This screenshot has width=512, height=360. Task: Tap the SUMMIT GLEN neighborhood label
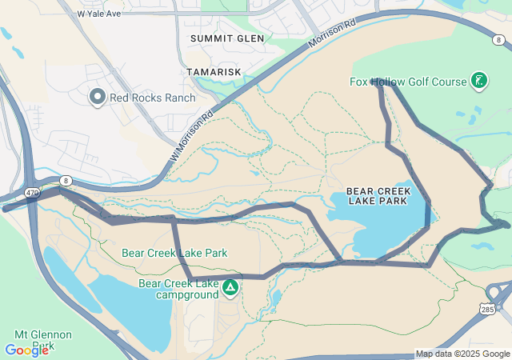pos(223,38)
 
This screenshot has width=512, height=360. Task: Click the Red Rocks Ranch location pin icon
pos(98,98)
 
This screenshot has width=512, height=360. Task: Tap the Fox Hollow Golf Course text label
pos(407,82)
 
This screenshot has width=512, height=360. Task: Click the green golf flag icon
pos(478,80)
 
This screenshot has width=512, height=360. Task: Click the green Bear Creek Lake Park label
pos(174,253)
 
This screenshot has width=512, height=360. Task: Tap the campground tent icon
pos(230,286)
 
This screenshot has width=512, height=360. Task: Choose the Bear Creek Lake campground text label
pos(178,289)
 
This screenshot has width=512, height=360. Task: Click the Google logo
pos(26,350)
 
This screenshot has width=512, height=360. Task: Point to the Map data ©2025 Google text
pos(462,354)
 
